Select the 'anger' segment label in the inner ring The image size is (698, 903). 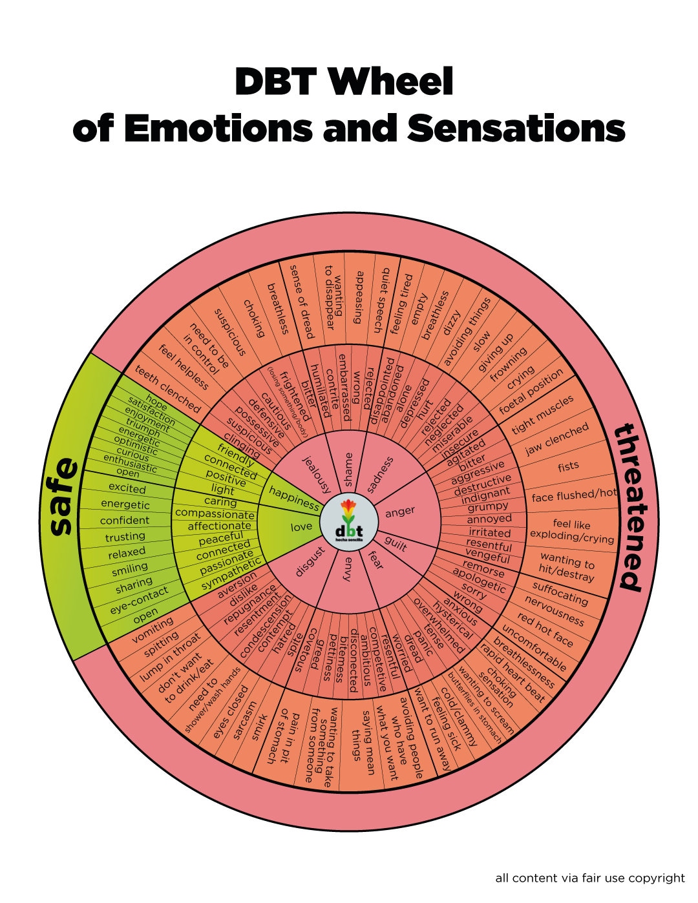point(400,512)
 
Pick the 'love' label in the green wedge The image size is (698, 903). point(301,526)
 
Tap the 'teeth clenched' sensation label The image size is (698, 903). point(167,389)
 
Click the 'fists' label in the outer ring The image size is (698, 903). point(568,466)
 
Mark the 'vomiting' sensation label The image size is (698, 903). point(153,630)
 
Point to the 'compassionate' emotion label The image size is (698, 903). point(215,514)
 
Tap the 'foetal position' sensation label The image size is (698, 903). point(531,391)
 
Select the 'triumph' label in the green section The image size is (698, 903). point(143,428)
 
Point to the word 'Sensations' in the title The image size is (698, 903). point(516,128)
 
